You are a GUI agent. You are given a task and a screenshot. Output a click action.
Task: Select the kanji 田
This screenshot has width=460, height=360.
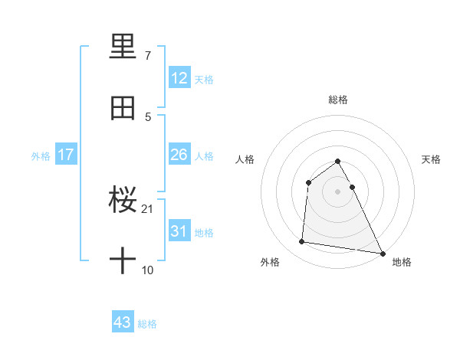(123, 108)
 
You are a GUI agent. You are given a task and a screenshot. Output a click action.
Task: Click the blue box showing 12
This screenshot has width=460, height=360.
(179, 78)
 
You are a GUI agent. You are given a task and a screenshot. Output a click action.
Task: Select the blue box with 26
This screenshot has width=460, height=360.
(179, 155)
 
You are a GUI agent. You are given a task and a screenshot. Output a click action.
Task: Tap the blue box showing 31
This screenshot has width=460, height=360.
(179, 231)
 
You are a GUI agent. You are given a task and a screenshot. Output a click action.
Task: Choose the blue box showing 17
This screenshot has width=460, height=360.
(66, 155)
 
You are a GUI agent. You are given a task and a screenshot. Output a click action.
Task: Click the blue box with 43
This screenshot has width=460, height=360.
(123, 322)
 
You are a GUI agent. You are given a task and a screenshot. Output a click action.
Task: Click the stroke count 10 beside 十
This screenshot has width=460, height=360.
(148, 270)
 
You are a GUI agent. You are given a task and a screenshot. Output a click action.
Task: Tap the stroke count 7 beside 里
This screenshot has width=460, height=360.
(148, 56)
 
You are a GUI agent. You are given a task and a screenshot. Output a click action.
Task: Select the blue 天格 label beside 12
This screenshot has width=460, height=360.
(204, 79)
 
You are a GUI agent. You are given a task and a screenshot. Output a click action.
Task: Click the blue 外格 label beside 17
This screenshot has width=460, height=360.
(41, 155)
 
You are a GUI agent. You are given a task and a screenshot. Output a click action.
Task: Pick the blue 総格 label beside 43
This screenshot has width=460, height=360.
(147, 323)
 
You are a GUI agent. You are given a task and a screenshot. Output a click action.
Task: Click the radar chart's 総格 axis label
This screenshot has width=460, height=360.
(338, 100)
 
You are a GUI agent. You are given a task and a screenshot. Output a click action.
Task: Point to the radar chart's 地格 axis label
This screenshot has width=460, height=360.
(402, 262)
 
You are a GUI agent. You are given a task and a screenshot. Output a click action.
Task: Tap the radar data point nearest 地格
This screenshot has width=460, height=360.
(383, 252)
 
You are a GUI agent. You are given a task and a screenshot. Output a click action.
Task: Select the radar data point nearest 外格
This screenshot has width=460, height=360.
(302, 242)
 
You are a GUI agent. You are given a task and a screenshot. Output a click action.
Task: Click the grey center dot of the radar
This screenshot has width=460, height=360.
(338, 191)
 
